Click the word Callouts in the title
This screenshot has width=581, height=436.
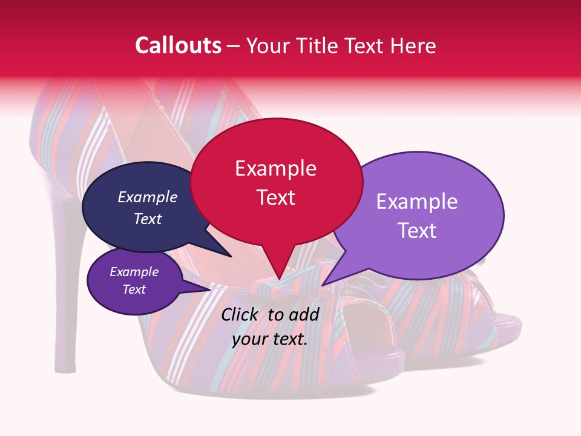(x=178, y=45)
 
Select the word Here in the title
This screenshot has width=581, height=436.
(x=413, y=45)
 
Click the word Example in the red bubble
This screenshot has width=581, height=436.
(x=276, y=168)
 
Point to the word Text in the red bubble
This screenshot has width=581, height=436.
(x=276, y=197)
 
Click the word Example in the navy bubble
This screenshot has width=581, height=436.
(x=148, y=197)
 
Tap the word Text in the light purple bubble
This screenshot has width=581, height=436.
(x=417, y=231)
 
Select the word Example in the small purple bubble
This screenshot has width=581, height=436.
(x=134, y=272)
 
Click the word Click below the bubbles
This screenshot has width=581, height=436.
(x=241, y=314)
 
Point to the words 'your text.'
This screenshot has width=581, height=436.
(x=270, y=339)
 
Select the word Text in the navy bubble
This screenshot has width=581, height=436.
(x=148, y=219)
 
